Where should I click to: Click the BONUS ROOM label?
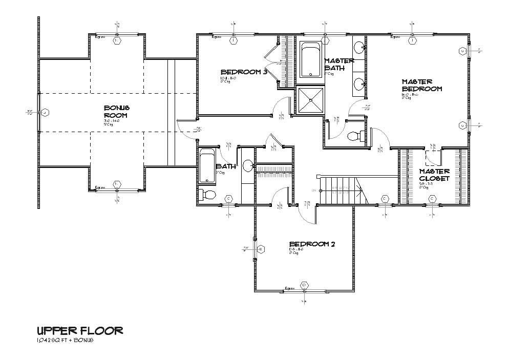click(117, 112)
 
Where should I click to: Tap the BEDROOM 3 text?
click(244, 72)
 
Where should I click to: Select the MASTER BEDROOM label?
click(421, 85)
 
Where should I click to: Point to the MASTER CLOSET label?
click(434, 175)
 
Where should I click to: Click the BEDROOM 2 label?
click(312, 244)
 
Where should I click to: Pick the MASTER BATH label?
click(339, 64)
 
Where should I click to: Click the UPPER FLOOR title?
click(79, 330)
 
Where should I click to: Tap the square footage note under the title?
click(65, 340)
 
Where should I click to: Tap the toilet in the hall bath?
click(207, 195)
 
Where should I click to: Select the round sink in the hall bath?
click(248, 165)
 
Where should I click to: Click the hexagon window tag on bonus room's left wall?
click(45, 113)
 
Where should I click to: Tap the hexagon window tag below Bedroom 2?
click(304, 285)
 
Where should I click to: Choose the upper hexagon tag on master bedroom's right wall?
click(463, 51)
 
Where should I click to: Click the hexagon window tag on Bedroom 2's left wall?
click(261, 249)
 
